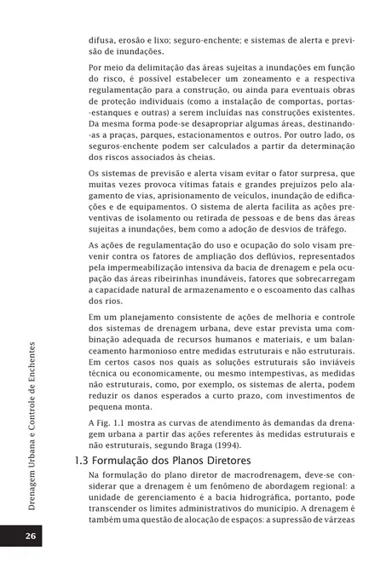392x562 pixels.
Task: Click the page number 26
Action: (x=30, y=536)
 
